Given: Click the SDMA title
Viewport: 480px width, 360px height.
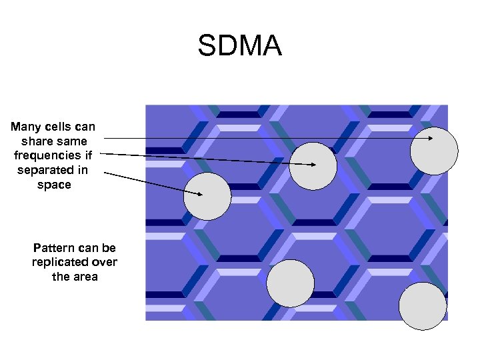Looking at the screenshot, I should point(239,47).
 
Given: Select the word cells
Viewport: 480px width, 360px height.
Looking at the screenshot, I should point(61,127).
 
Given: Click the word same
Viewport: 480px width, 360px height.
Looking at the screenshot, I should point(72,141).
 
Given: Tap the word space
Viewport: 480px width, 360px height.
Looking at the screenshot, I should point(54,185).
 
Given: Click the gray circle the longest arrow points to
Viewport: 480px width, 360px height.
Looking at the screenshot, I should point(434,150).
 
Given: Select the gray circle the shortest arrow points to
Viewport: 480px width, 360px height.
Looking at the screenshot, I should point(207,196).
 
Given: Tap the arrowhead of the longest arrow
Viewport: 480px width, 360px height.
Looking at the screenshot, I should point(431,138).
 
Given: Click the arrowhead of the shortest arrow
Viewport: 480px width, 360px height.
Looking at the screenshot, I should point(200,194).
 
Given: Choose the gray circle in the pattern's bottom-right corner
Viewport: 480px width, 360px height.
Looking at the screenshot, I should point(423,306).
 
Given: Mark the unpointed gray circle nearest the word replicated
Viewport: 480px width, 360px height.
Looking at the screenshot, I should point(290,283).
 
